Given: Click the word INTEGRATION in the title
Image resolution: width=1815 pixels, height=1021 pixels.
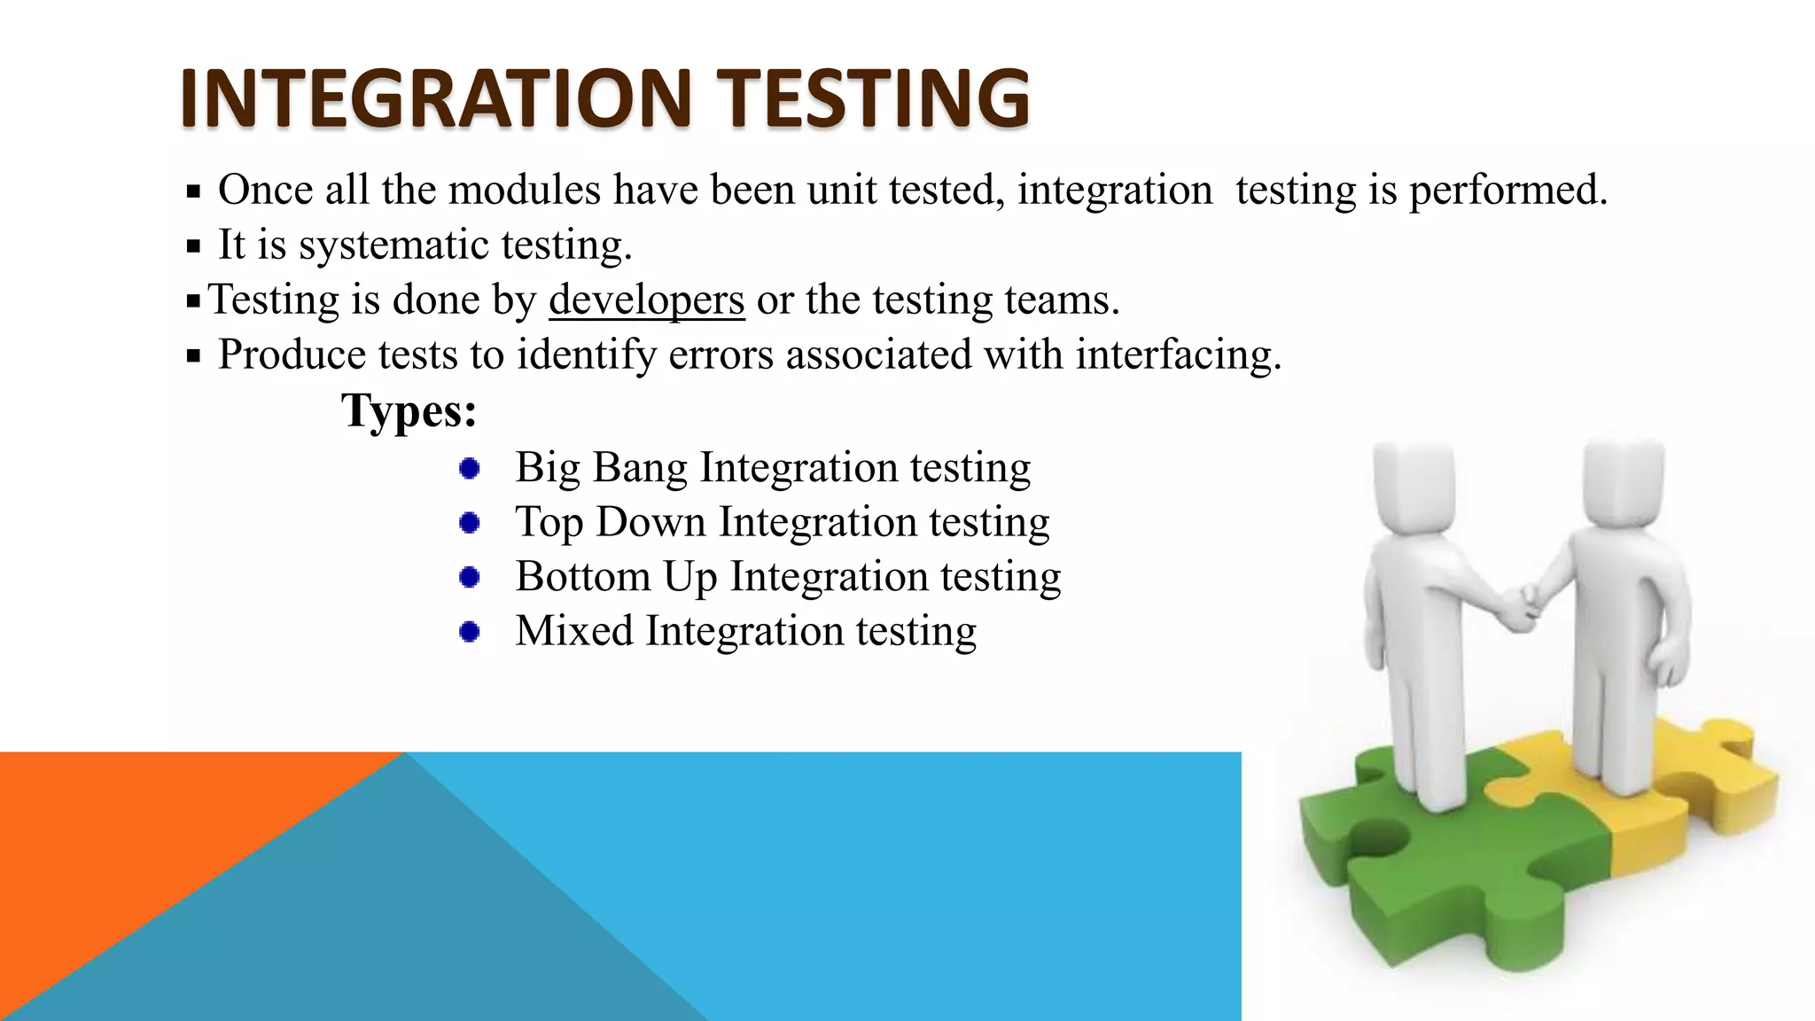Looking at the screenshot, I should (x=434, y=97).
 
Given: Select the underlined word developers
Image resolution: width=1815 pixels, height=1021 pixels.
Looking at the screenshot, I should (x=646, y=300).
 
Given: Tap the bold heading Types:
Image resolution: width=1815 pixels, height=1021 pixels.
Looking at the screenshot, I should (x=409, y=410).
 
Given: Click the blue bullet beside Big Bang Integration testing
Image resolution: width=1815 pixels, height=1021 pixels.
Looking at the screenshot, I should (x=470, y=468).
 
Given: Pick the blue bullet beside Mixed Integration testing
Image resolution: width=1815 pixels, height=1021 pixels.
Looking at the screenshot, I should (x=470, y=632).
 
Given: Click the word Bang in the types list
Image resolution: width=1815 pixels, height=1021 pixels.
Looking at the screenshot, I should (x=639, y=468).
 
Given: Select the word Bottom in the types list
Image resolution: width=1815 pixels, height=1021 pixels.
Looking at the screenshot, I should (x=582, y=577).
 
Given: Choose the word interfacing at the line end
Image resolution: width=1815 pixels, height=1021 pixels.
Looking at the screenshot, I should (x=1178, y=355).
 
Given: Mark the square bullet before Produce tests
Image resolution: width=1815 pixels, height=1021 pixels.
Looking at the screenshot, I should (x=194, y=356).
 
